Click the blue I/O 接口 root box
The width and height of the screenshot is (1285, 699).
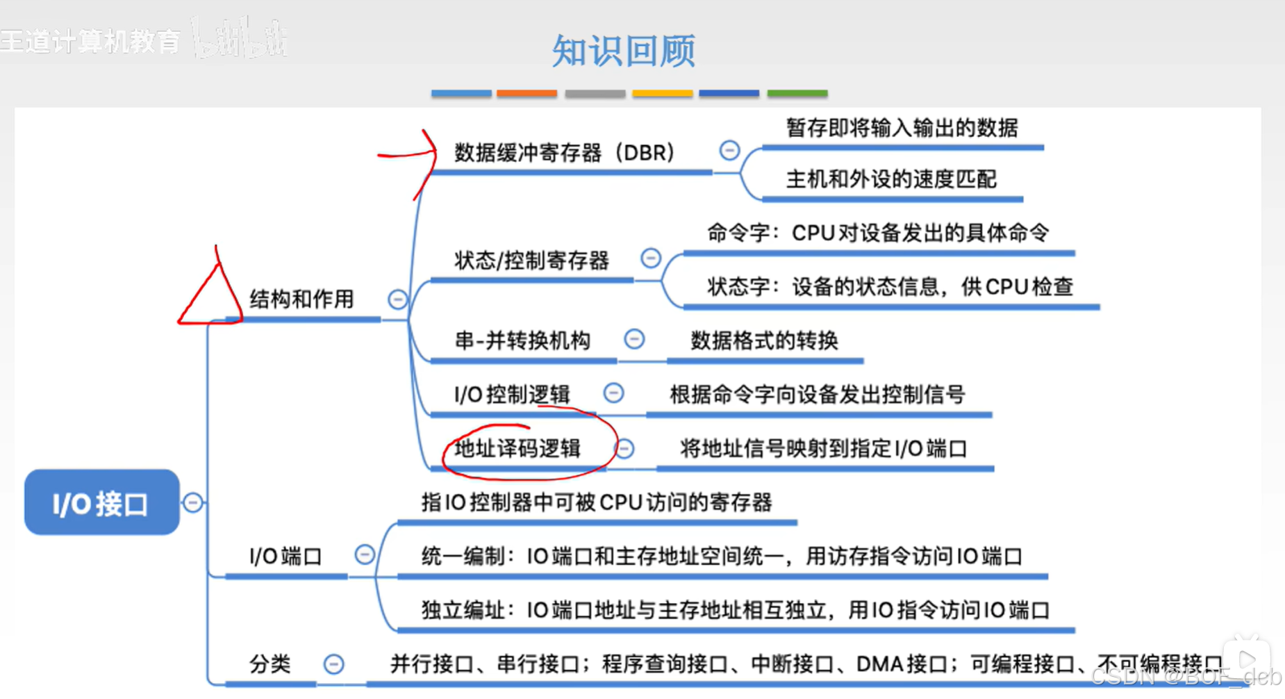click(x=101, y=502)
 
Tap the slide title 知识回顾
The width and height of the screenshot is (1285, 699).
click(x=623, y=51)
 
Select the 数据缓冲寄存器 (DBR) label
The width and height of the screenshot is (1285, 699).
click(x=564, y=153)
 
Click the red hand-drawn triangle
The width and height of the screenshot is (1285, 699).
click(x=210, y=295)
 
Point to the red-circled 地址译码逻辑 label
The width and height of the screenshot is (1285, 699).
click(x=517, y=449)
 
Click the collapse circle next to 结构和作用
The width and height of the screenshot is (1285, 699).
click(x=397, y=299)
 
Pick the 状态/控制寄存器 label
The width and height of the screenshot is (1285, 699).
click(x=531, y=261)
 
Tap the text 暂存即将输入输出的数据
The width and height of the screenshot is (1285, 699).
click(x=902, y=129)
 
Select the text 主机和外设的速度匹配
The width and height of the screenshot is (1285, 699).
click(x=891, y=180)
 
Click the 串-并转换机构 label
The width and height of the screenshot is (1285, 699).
click(x=522, y=341)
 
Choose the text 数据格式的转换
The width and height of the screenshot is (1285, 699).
click(x=764, y=341)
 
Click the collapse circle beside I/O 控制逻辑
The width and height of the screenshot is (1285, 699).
click(x=613, y=393)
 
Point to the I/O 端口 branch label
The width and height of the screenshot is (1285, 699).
click(x=285, y=557)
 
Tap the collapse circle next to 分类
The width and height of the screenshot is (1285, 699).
click(x=333, y=664)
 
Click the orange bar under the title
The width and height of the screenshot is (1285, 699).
click(x=527, y=93)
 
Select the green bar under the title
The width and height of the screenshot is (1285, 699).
click(x=797, y=93)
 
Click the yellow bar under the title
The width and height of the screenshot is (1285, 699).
click(x=662, y=93)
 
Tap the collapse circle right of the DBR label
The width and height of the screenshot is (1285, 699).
click(x=729, y=150)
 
